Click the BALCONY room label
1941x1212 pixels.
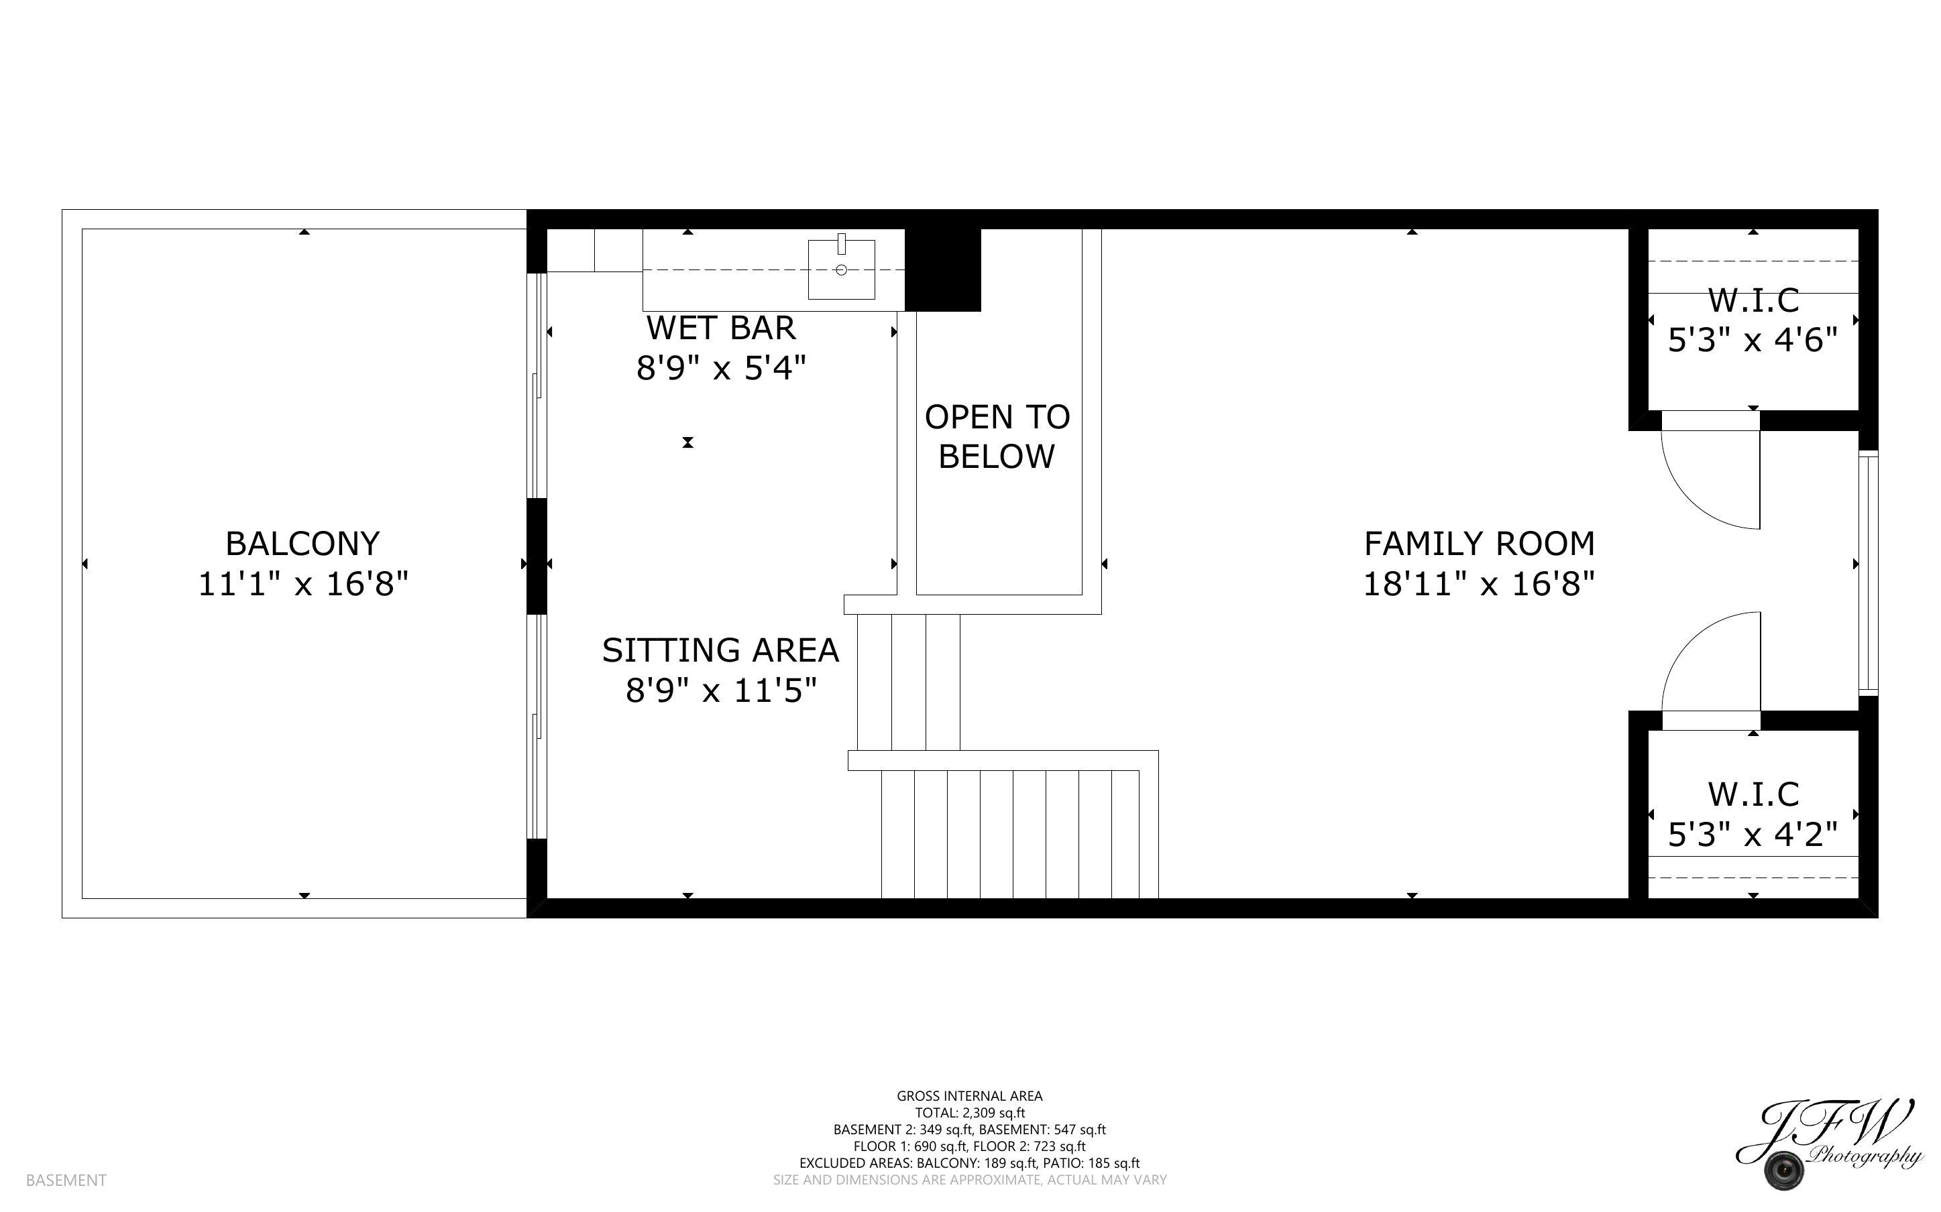(x=302, y=544)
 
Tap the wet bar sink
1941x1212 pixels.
(x=841, y=269)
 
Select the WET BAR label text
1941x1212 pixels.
(x=721, y=328)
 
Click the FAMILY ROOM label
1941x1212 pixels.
(x=1479, y=544)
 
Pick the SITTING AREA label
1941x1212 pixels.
(x=720, y=651)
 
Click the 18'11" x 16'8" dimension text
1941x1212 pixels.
(x=1479, y=585)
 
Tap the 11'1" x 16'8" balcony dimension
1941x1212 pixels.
(x=303, y=585)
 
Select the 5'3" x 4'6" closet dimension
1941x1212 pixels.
(x=1753, y=341)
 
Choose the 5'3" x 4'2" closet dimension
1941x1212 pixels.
(x=1753, y=835)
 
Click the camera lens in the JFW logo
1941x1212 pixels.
(x=1785, y=1170)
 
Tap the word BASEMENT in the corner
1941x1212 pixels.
(x=66, y=1180)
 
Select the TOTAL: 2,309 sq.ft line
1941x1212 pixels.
(x=969, y=1113)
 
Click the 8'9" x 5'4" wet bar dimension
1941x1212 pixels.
(x=721, y=369)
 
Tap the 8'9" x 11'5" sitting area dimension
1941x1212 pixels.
(x=721, y=691)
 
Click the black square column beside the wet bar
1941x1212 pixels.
(x=943, y=270)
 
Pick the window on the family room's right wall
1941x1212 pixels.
(x=1868, y=572)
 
